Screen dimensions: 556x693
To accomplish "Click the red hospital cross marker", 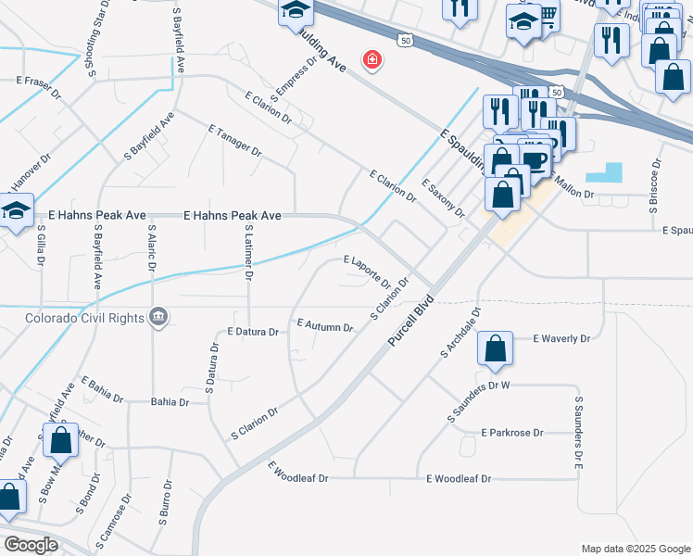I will click(x=372, y=60).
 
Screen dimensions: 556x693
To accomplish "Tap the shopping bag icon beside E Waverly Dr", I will click(x=496, y=349).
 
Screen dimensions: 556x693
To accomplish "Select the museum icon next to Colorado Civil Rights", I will click(x=159, y=317).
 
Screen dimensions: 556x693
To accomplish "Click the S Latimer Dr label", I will click(x=249, y=251).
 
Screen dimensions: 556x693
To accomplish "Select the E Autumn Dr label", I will click(x=325, y=325).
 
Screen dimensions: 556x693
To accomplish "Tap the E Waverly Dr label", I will click(x=561, y=339).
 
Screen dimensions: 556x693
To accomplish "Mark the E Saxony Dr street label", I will click(x=442, y=196).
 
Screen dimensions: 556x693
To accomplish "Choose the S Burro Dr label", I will click(x=165, y=502).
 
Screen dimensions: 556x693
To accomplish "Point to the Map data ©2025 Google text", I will click(x=635, y=549).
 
